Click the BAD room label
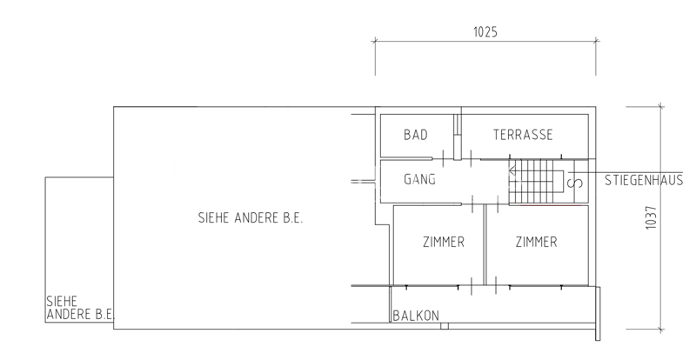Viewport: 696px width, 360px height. click(416, 135)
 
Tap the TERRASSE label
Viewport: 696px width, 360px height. click(523, 135)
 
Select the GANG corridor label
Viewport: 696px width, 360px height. click(419, 179)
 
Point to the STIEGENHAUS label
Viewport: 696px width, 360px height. click(644, 180)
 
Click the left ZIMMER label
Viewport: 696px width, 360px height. click(444, 242)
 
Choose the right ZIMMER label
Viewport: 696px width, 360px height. click(536, 242)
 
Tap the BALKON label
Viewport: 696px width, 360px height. click(416, 316)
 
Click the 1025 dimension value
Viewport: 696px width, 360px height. click(485, 32)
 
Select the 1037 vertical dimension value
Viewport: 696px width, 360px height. click(651, 217)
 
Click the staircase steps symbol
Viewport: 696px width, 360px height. click(536, 182)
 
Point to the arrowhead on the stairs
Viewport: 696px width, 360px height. click(512, 170)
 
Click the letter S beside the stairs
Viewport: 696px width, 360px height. click(578, 183)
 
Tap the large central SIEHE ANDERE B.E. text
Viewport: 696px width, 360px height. click(251, 218)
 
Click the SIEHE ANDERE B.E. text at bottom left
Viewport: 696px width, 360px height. click(80, 308)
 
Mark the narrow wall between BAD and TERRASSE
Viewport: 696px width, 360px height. click(458, 137)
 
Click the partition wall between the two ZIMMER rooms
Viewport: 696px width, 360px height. click(485, 245)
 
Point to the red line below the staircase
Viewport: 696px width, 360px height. click(551, 205)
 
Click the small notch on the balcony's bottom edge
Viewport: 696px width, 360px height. click(445, 326)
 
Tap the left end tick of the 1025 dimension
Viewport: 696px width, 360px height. click(375, 41)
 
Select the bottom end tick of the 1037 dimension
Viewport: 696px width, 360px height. click(660, 330)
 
